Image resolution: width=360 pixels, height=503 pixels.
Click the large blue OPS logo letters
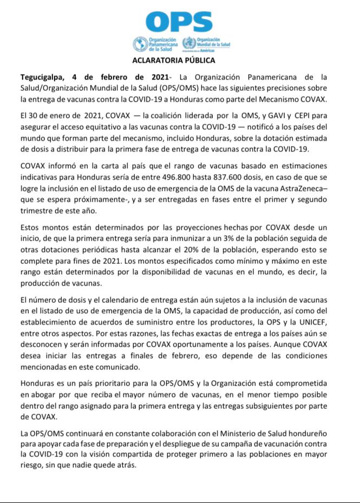pos(181,22)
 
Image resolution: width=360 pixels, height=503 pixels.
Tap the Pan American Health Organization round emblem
pos(139,44)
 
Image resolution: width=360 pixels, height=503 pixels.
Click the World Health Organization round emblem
pos(189,44)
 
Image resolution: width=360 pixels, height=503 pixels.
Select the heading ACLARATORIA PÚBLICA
pos(180,60)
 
